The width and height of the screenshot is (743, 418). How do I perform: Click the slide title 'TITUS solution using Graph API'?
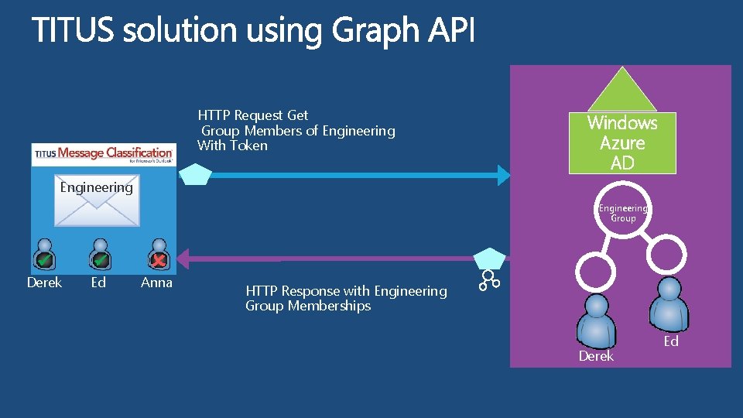click(x=253, y=32)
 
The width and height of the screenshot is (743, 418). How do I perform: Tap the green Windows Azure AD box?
click(x=622, y=142)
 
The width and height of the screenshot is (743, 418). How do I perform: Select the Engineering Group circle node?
click(x=623, y=212)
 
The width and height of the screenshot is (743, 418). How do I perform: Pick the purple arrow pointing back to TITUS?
click(x=325, y=259)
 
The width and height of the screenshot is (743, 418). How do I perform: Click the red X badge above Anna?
click(x=158, y=259)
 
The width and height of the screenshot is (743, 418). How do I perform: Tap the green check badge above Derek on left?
click(x=44, y=259)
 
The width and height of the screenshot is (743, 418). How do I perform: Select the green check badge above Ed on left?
click(x=100, y=259)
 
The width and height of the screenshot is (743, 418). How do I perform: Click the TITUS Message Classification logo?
click(x=104, y=154)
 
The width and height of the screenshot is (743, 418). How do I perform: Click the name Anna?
click(x=156, y=283)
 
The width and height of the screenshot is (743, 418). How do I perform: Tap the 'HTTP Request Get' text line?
click(x=253, y=115)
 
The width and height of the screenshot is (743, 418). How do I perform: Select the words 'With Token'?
click(x=232, y=146)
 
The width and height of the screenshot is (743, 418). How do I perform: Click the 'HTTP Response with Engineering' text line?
click(x=346, y=291)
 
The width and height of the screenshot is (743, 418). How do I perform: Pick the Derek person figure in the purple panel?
click(x=596, y=321)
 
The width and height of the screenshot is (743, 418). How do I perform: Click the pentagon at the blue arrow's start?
click(x=195, y=175)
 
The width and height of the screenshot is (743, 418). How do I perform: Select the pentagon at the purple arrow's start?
click(x=489, y=258)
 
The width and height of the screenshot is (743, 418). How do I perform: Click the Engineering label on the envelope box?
click(x=96, y=187)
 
